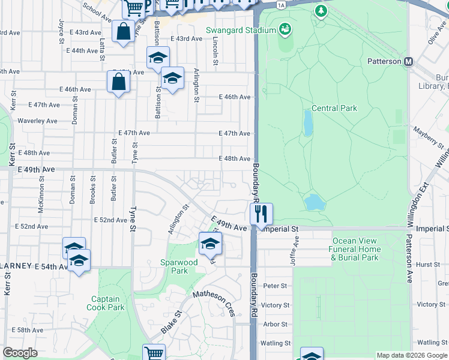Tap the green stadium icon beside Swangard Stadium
pos(285,29)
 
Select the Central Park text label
pos(334,109)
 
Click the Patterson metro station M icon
pos(409,62)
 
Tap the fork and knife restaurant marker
pos(261,213)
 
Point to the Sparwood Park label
pos(178,266)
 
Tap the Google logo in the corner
pos(20,353)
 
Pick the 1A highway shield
pos(281,5)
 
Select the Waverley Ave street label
pos(37,121)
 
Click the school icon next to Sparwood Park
pos(211,244)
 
